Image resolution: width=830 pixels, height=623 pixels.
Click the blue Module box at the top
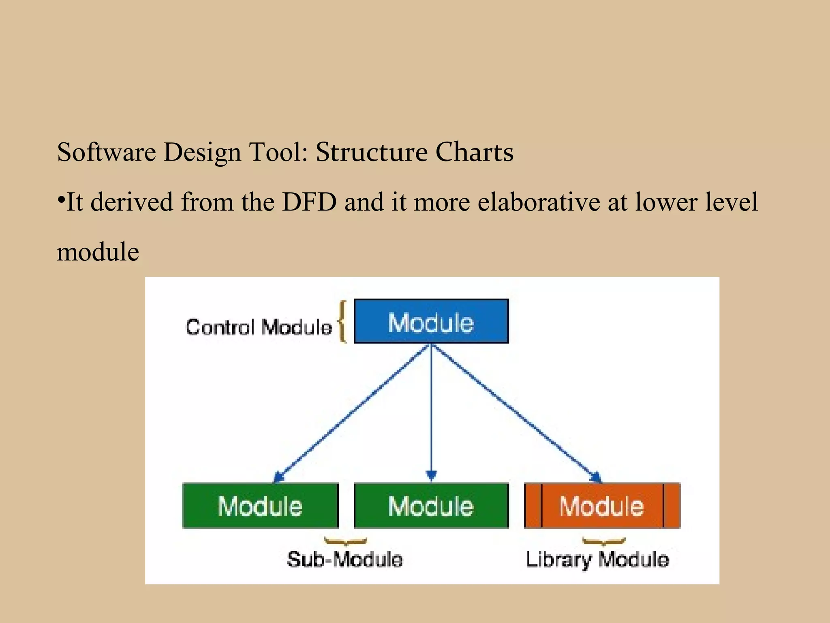pos(431,321)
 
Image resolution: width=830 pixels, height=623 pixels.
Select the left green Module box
pos(260,506)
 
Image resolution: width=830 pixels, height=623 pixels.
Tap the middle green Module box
pos(431,506)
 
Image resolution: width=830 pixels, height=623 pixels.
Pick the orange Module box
pos(602,506)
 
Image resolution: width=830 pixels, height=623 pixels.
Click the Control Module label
pos(259,327)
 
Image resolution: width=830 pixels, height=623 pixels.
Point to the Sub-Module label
pos(345,559)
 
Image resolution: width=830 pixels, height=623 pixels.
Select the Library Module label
pos(597,559)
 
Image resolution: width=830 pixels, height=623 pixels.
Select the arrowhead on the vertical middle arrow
pos(431,475)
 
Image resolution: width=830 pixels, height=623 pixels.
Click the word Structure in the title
pos(371,152)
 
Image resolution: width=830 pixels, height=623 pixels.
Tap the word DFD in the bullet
pos(309,202)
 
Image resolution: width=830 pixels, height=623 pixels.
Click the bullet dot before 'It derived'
pos(61,200)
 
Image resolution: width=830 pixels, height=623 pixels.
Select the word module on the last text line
pos(98,252)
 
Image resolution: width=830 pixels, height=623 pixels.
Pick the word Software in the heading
pos(106,152)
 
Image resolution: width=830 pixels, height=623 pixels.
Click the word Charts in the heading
pos(474,152)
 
